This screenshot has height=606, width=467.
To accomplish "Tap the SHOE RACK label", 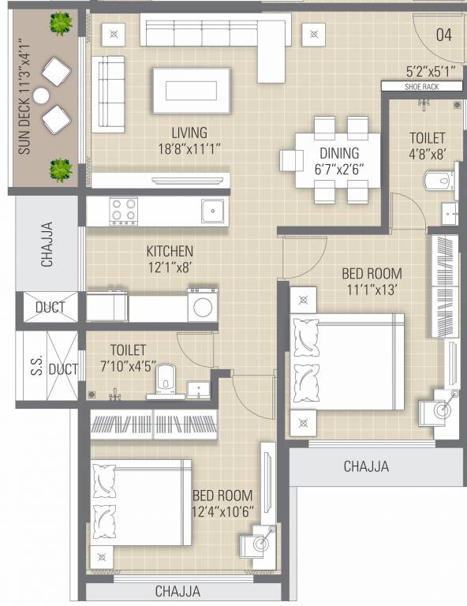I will click(x=421, y=87).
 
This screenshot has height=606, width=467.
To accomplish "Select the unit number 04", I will click(x=444, y=35).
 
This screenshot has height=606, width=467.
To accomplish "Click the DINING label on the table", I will click(x=339, y=153).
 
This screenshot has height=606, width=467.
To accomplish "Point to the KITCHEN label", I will click(x=170, y=251).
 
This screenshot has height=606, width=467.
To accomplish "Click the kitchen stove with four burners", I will click(x=122, y=211).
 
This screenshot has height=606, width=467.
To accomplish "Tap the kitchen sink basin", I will click(x=211, y=211).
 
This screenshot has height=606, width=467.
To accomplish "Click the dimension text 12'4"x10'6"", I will click(x=223, y=511).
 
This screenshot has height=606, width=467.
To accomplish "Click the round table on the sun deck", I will click(x=42, y=96).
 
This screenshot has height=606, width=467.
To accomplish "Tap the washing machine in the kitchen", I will click(x=202, y=305).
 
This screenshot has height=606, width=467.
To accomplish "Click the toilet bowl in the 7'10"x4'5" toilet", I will click(x=166, y=377).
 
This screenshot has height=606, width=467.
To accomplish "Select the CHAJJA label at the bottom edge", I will click(x=177, y=591).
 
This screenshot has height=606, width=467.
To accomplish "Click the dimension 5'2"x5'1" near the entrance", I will click(x=431, y=69).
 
